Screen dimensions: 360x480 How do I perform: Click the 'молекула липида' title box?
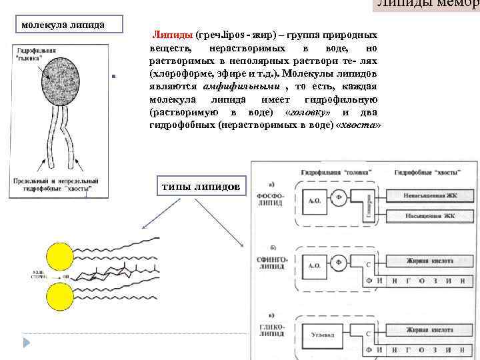click(63, 25)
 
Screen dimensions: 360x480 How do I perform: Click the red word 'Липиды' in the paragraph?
click(172, 34)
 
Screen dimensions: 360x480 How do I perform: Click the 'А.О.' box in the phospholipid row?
click(315, 201)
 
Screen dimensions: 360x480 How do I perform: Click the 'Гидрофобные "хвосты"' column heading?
click(427, 172)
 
